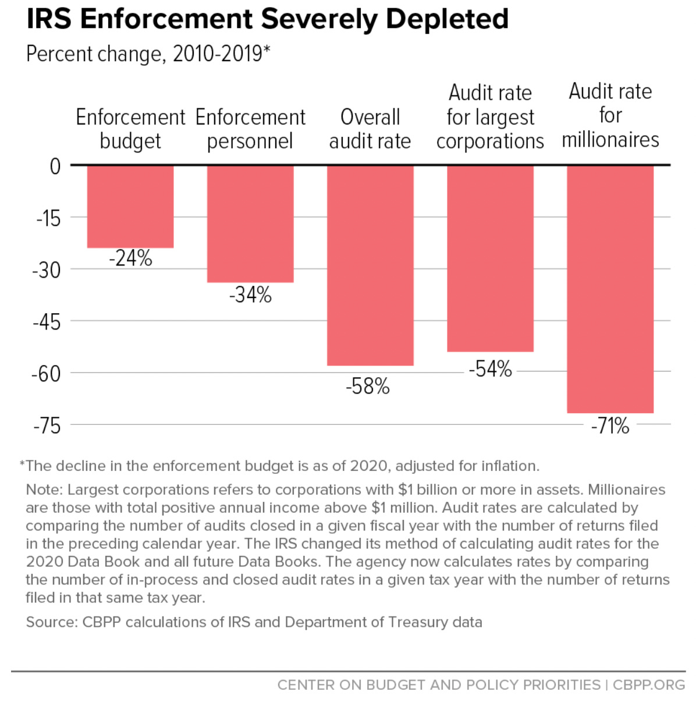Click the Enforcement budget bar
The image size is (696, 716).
[x=130, y=207]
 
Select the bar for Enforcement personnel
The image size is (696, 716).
[x=250, y=224]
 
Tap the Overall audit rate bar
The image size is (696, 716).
[x=370, y=265]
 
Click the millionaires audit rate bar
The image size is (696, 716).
[x=610, y=289]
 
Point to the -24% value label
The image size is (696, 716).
[x=130, y=258]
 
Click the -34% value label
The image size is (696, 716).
[x=250, y=295]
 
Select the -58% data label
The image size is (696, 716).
[x=368, y=387]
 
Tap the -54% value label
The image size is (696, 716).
[x=491, y=369]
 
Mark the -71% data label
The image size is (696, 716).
[x=610, y=426]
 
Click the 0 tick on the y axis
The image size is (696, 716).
[x=55, y=166]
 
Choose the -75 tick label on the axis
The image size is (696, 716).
[x=47, y=426]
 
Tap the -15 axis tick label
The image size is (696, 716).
[x=48, y=218]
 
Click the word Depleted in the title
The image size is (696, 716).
[x=446, y=19]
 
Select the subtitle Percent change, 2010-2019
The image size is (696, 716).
[x=148, y=54]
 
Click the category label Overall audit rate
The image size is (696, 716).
[x=370, y=129]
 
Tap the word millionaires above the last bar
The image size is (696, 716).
[x=610, y=140]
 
